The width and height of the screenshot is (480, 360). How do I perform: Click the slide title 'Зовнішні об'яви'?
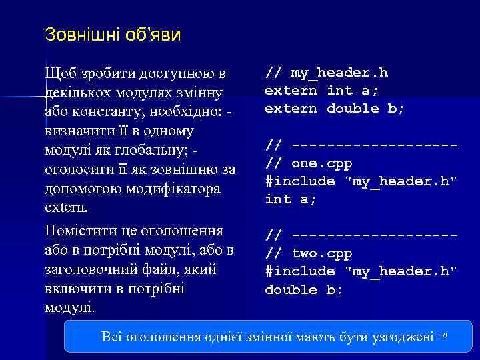click(112, 35)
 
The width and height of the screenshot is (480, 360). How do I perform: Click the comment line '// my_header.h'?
click(326, 72)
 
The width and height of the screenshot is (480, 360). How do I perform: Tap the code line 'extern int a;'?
click(321, 90)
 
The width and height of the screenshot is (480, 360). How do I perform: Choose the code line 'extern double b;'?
click(335, 108)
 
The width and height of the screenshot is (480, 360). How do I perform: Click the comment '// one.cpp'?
click(309, 163)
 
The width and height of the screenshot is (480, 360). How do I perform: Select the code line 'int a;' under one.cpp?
click(291, 199)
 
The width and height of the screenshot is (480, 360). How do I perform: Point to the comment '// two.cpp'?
click(309, 254)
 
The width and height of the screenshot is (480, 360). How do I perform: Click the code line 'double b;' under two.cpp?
click(304, 289)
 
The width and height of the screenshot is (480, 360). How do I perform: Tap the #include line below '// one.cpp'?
click(361, 181)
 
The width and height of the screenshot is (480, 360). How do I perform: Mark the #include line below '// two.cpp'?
click(361, 271)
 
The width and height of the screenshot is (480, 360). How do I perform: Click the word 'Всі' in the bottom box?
click(112, 337)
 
